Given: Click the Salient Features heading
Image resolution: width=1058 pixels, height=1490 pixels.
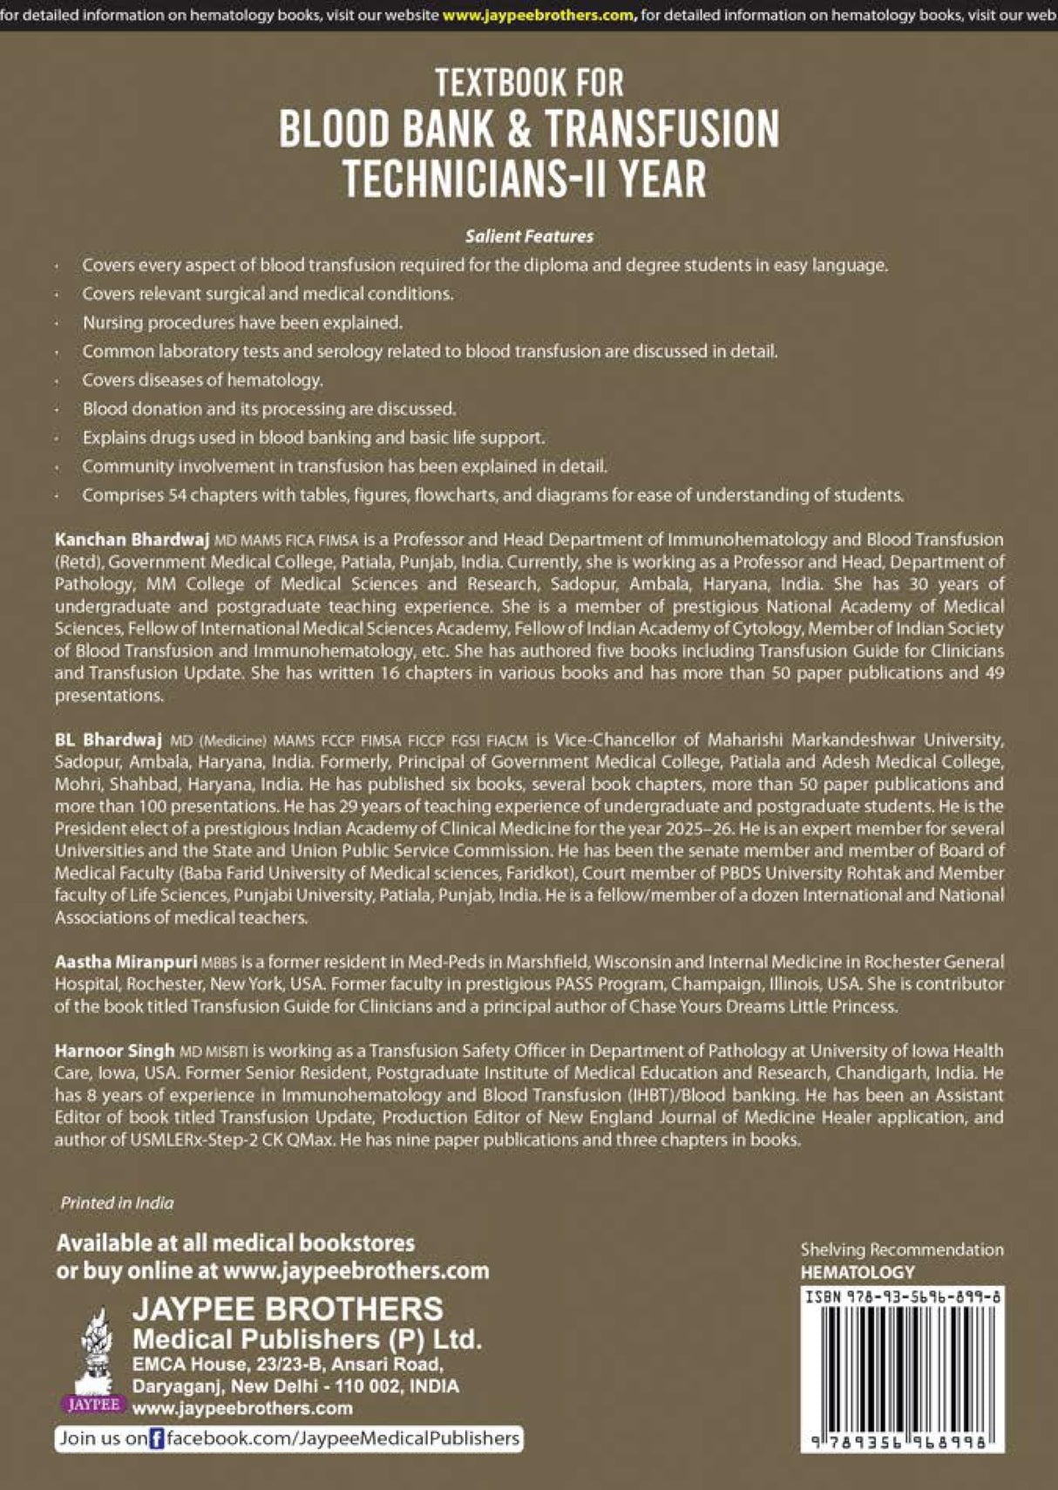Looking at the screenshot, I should click(529, 236).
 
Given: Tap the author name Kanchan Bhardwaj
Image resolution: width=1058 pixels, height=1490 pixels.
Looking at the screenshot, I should click(132, 540).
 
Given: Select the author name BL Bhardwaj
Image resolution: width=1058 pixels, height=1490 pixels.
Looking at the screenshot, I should click(108, 739).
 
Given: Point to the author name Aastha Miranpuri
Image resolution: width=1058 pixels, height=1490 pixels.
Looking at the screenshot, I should click(125, 962).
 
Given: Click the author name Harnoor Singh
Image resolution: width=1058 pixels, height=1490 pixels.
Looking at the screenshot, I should click(114, 1051).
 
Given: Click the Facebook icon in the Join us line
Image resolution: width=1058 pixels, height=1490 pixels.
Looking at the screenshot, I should click(156, 1439).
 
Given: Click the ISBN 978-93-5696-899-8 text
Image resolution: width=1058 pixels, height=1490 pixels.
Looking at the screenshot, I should click(902, 1296).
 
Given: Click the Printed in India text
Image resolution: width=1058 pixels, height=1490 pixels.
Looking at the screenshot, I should click(117, 1202).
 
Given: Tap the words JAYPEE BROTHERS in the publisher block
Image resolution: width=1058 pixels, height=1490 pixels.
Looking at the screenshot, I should click(288, 1309).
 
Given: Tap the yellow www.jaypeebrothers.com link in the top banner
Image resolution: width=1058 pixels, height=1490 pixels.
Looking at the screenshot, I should click(539, 15).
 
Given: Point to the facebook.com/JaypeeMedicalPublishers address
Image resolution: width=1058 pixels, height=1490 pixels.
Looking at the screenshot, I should click(342, 1439).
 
